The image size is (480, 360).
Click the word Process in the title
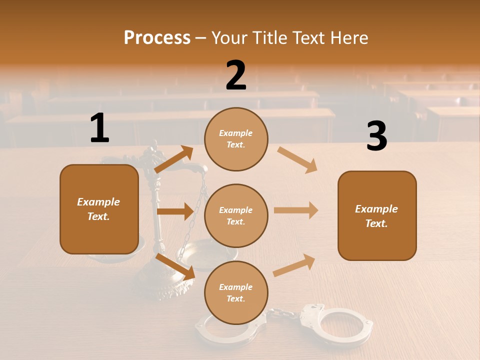[x=157, y=37]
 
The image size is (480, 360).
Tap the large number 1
[x=99, y=128]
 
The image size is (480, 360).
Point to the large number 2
[x=236, y=75]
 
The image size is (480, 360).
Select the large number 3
[x=376, y=137]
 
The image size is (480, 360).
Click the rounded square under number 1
[x=99, y=209]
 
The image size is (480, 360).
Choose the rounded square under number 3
[x=377, y=215]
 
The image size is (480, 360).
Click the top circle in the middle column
[x=236, y=139]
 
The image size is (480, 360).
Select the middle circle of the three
[x=236, y=215]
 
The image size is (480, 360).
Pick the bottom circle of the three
[x=236, y=292]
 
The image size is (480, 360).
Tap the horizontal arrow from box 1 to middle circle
[x=175, y=211]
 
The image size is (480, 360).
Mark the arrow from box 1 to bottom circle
[x=175, y=266]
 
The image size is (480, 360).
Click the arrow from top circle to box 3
[x=297, y=160]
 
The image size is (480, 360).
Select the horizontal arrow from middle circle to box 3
[x=296, y=210]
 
